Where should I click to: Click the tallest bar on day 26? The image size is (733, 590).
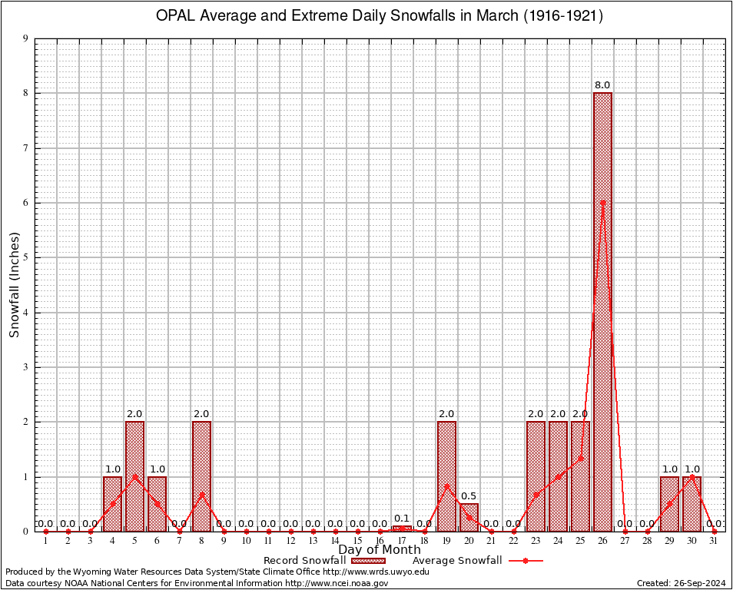pyautogui.click(x=602, y=307)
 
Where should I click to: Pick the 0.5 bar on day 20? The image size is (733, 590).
pyautogui.click(x=469, y=518)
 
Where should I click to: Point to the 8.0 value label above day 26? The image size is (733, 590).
pyautogui.click(x=602, y=85)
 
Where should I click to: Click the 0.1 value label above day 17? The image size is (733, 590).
pyautogui.click(x=402, y=519)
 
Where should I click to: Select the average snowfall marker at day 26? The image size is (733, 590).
pyautogui.click(x=602, y=202)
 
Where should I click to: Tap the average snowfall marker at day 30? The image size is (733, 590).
pyautogui.click(x=692, y=476)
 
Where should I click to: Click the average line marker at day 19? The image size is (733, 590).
pyautogui.click(x=446, y=486)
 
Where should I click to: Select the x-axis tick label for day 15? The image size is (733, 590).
pyautogui.click(x=357, y=542)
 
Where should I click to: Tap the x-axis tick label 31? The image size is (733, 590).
pyautogui.click(x=714, y=542)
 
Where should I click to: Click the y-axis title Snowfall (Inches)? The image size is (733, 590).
pyautogui.click(x=15, y=284)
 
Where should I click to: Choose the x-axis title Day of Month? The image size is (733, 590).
pyautogui.click(x=380, y=550)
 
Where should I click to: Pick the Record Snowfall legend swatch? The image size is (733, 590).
pyautogui.click(x=366, y=561)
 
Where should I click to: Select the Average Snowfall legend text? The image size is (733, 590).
pyautogui.click(x=457, y=561)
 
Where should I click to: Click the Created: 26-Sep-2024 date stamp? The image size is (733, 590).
pyautogui.click(x=681, y=583)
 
